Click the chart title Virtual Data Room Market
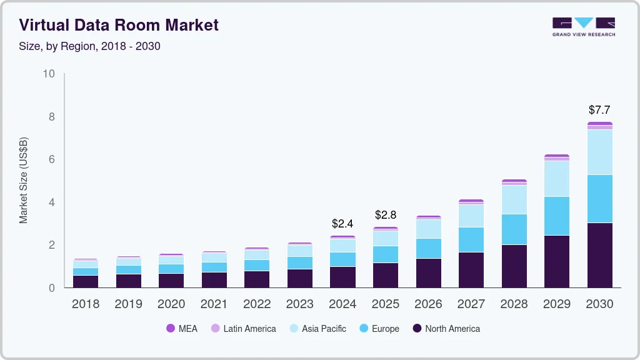pos(119,25)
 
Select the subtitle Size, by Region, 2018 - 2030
pos(90,46)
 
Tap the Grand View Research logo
pos(583,26)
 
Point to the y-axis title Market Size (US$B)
pos(24,181)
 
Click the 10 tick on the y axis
pos(49,74)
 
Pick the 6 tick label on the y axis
pos(51,160)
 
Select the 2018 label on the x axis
pos(85,304)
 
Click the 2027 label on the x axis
pos(471,304)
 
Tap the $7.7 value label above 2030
pos(600,110)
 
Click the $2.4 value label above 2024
pos(342,223)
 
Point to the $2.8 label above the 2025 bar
pos(386,215)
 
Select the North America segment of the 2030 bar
pos(600,255)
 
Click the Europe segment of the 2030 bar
pos(600,198)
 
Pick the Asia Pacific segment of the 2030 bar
pos(600,152)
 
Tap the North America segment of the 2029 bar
pos(557,261)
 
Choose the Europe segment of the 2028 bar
pos(514,229)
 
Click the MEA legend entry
pos(182,329)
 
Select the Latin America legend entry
pos(243,329)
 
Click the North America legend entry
pos(446,329)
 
